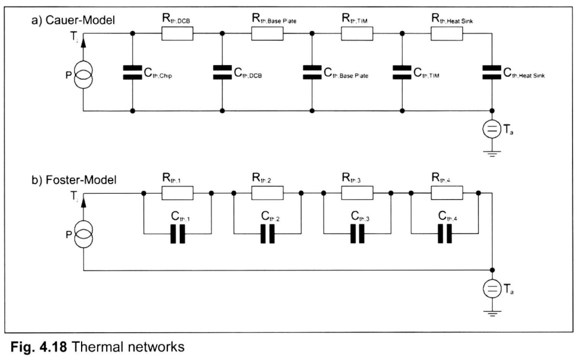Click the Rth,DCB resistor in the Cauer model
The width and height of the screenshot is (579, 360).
pos(177,35)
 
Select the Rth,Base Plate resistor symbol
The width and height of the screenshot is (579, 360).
pos(267,35)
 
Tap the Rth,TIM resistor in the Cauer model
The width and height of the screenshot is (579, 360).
pos(356,35)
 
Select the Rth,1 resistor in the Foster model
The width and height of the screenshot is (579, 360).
pos(177,193)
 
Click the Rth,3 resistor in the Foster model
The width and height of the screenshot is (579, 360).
pos(356,193)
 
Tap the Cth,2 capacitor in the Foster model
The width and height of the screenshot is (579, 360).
pos(267,235)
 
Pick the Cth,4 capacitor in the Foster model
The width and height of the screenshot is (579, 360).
pos(446,235)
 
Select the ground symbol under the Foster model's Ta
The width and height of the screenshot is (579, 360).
pos(491,313)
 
